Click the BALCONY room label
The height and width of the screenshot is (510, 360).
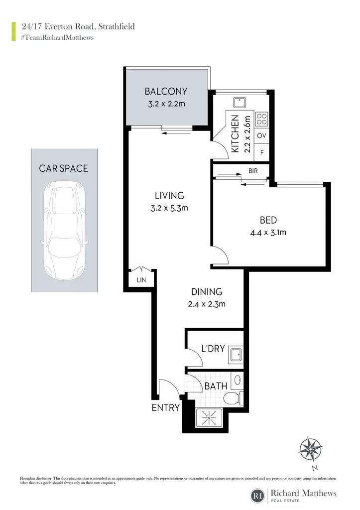tap(166, 92)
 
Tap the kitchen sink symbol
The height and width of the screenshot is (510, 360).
tap(240, 103)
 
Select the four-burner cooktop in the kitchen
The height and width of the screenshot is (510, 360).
tap(262, 119)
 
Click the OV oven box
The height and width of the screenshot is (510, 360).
tap(261, 135)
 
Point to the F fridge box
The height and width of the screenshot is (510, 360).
tap(262, 152)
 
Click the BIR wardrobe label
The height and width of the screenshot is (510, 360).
tap(253, 171)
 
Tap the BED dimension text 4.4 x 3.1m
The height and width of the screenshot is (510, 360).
tap(268, 233)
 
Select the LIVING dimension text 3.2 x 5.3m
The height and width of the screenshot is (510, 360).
tap(169, 208)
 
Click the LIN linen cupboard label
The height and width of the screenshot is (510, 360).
tap(141, 280)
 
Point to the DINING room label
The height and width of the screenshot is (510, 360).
tap(207, 292)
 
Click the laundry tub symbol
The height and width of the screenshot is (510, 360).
tap(236, 354)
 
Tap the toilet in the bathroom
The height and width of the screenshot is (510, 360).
tap(233, 397)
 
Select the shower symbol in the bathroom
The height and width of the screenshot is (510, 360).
tap(209, 417)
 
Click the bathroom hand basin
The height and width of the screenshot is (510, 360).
tap(238, 380)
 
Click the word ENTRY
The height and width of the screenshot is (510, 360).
tap(165, 407)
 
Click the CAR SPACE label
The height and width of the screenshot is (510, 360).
tap(63, 168)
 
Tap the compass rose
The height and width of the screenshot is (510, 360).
tap(311, 449)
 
